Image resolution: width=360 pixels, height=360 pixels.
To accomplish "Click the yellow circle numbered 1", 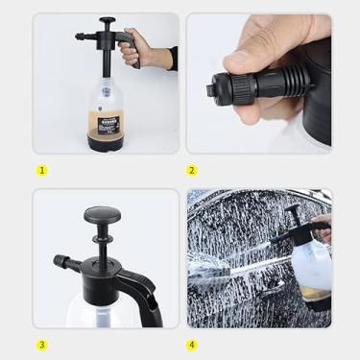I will (41, 170).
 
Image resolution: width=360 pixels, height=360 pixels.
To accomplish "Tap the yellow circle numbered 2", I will (192, 170).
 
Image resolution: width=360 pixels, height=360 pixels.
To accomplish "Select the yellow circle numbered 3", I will (41, 345).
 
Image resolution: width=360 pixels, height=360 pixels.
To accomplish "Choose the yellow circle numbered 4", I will (192, 345).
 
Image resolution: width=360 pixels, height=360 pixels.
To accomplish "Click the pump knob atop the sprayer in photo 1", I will (107, 20).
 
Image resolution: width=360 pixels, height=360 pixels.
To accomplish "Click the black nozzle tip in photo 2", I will (212, 90).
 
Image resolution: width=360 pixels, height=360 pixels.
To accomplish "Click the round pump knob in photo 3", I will (100, 217).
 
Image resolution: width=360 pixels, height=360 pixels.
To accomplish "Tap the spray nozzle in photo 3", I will (64, 261).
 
